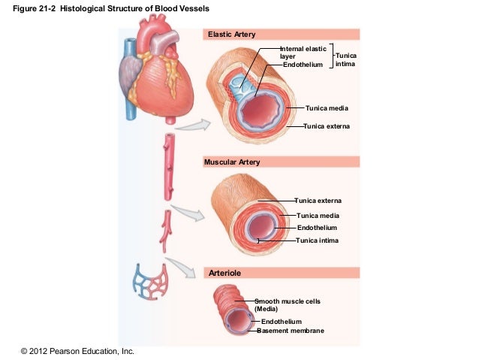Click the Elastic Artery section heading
tap(231, 35)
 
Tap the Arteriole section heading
tap(224, 273)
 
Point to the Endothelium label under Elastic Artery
tap(303, 65)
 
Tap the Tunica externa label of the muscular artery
tap(318, 201)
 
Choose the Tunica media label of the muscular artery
tap(318, 216)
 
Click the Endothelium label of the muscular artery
tap(318, 228)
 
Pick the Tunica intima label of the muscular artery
tap(318, 241)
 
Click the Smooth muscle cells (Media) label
tap(287, 304)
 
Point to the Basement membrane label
tap(291, 331)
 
